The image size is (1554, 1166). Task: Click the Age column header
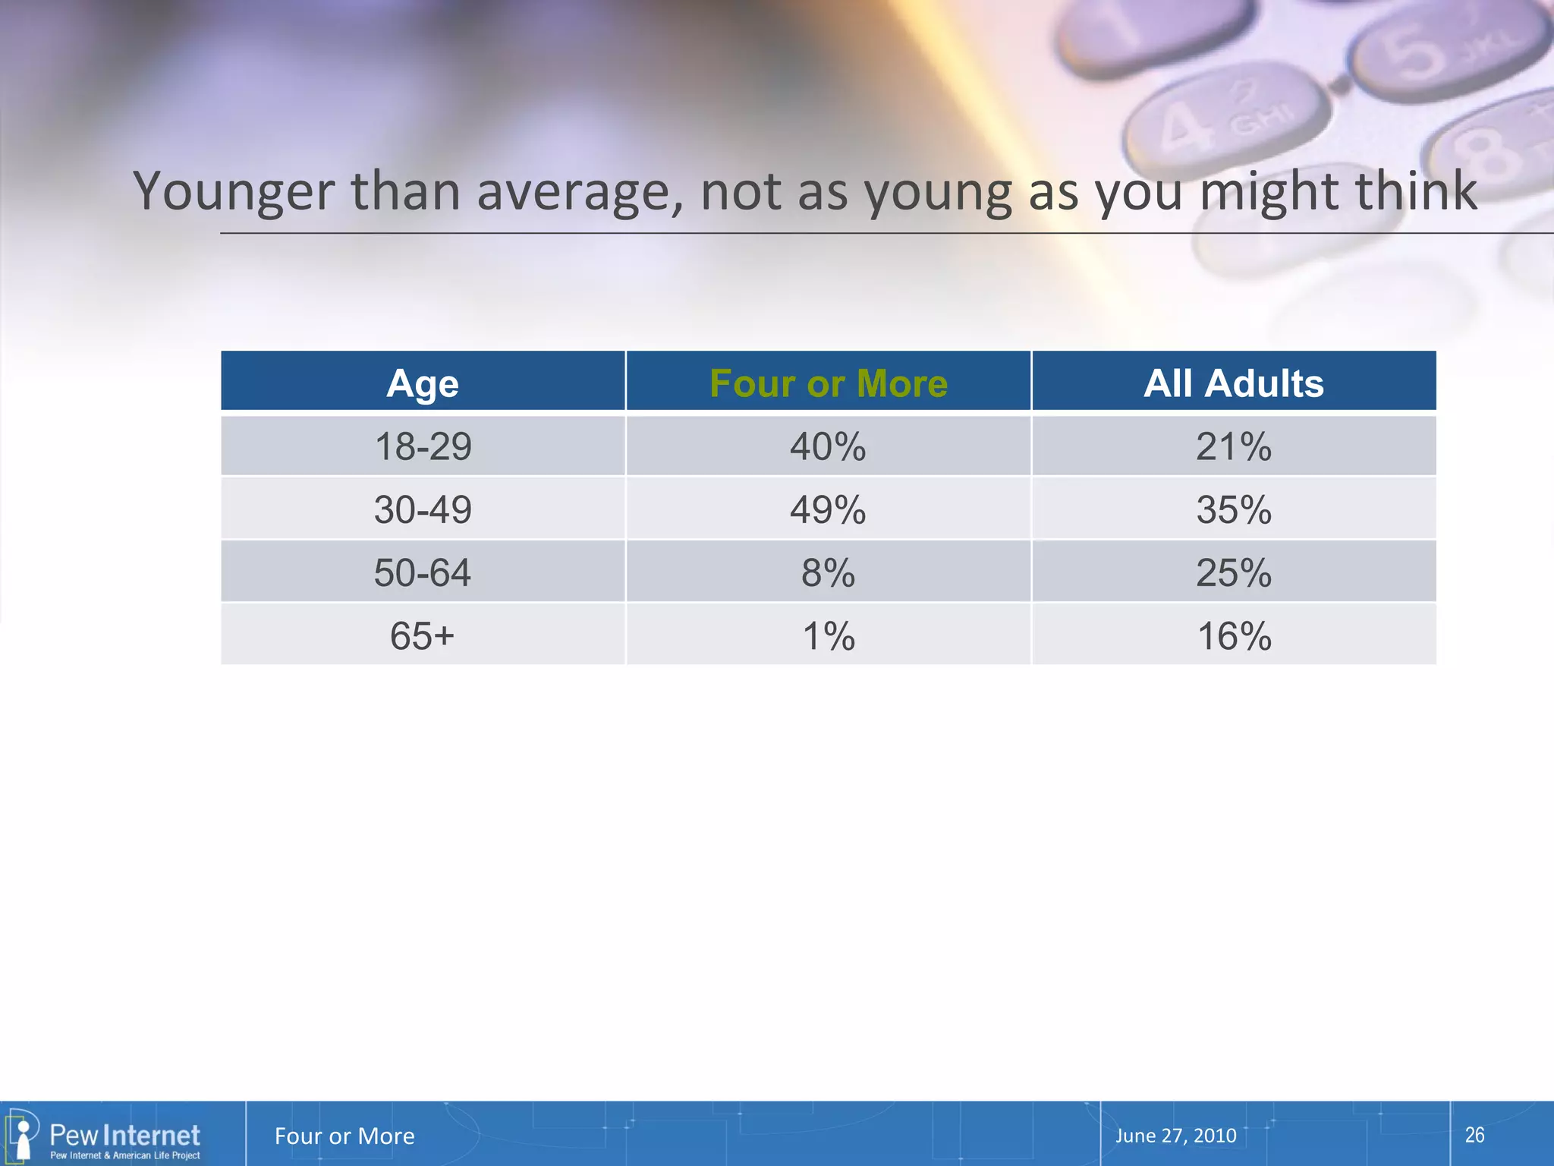[x=423, y=383]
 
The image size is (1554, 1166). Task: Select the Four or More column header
[x=829, y=383]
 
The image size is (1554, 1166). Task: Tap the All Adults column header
[x=1234, y=383]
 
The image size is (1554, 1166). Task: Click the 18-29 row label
[x=423, y=446]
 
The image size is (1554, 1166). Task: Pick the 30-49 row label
[x=423, y=509]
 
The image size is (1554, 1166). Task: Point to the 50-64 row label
[x=423, y=572]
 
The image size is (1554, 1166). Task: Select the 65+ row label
[x=423, y=635]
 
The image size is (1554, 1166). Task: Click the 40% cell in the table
[x=828, y=446]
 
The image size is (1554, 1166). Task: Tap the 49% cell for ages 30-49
[x=828, y=509]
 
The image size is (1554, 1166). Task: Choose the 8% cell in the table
[x=828, y=572]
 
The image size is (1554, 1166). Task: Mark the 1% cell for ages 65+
[x=828, y=635]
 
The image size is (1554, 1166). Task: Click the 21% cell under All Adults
[x=1234, y=446]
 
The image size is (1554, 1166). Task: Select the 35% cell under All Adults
[x=1234, y=509]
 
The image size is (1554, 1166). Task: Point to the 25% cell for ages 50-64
[x=1234, y=572]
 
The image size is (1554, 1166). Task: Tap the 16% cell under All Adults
[x=1234, y=635]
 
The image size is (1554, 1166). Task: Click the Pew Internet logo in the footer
[x=106, y=1136]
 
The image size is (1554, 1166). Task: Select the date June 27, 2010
[x=1175, y=1136]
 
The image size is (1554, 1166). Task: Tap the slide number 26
[x=1474, y=1135]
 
